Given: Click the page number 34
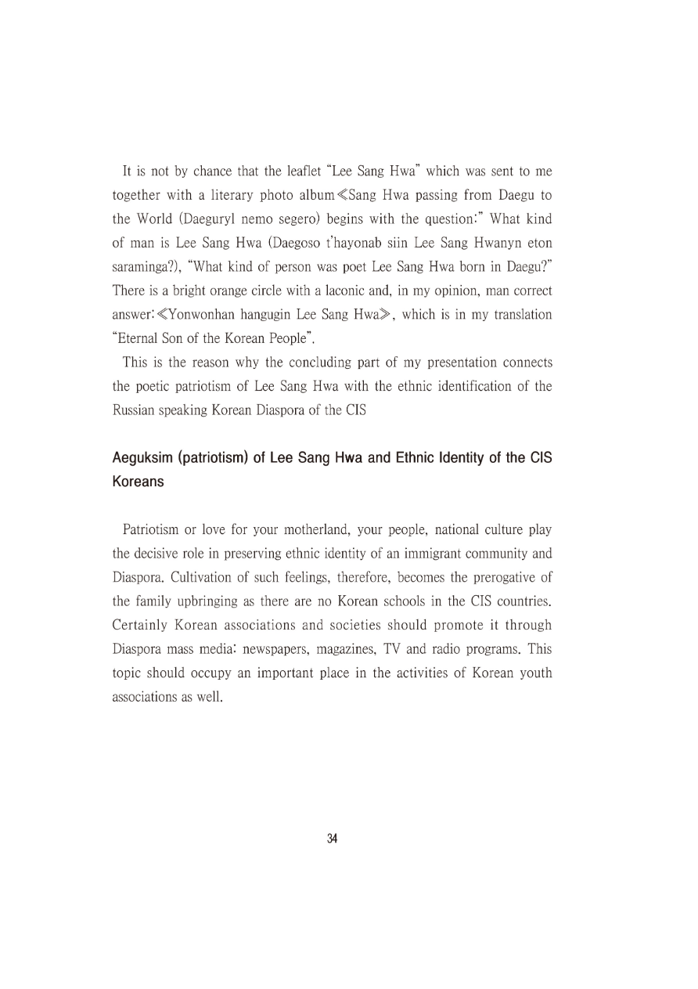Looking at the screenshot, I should tap(333, 838).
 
